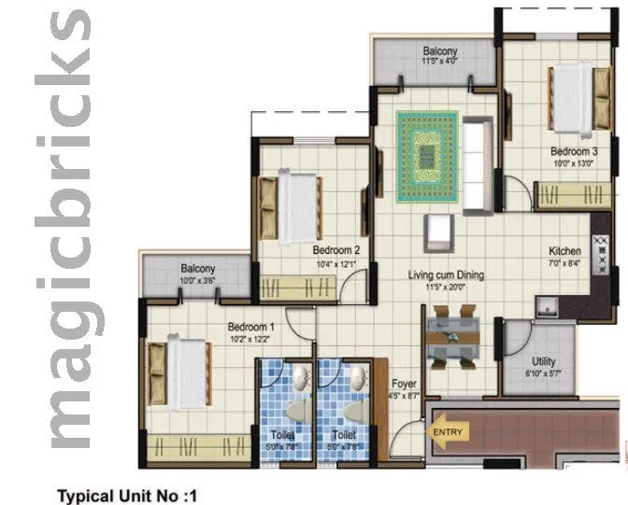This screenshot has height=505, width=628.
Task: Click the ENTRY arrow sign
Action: click(446, 432)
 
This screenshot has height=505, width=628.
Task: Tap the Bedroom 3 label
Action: click(573, 151)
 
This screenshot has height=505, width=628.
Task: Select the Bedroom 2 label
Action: click(336, 250)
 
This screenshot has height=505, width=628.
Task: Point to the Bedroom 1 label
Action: click(252, 328)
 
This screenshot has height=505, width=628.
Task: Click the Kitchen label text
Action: click(564, 252)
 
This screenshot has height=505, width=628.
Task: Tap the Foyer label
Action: click(405, 384)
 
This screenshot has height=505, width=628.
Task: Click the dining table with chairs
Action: click(453, 335)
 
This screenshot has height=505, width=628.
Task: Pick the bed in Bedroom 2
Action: click(293, 203)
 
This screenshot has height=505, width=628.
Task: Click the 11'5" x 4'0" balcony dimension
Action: click(439, 63)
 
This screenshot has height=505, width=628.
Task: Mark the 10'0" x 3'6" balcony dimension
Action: click(197, 280)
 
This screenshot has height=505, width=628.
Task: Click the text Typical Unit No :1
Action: click(129, 494)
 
